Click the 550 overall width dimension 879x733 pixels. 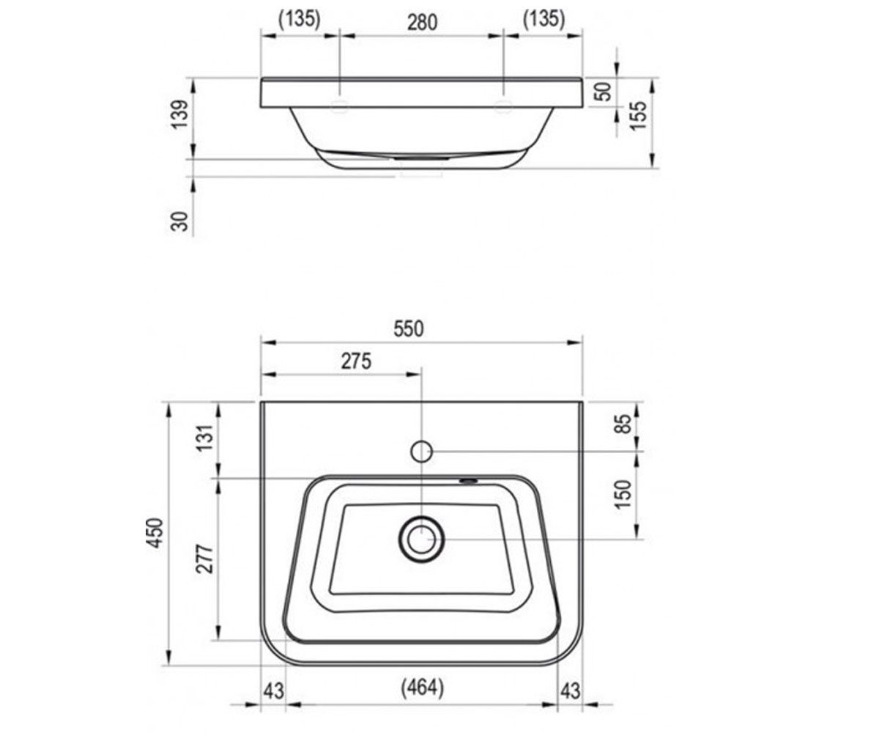pos(408,329)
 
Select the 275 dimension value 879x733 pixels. pos(356,361)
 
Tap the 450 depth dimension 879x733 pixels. pos(155,533)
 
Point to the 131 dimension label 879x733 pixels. pos(205,438)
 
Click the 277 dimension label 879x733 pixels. pos(205,559)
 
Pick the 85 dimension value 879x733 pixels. pos(624,424)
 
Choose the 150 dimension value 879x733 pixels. pos(623,495)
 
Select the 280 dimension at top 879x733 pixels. pos(422,22)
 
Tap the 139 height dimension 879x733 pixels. pos(179,114)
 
